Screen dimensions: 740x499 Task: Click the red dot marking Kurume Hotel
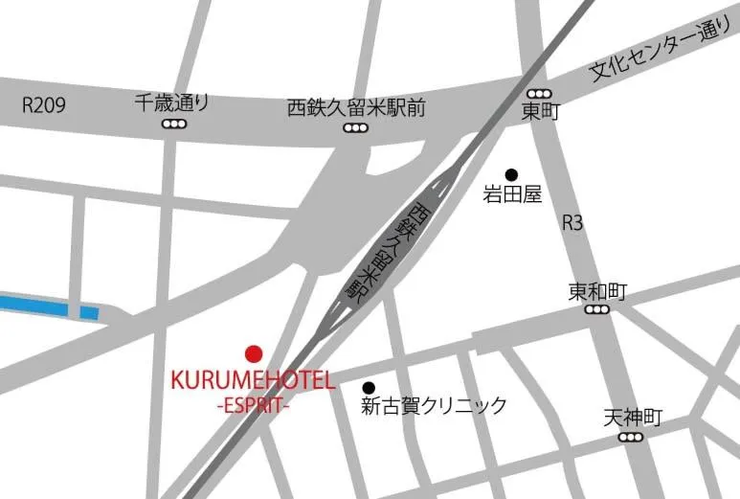pos(254,353)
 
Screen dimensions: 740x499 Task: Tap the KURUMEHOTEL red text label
pos(253,380)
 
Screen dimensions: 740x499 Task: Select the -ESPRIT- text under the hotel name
pos(253,404)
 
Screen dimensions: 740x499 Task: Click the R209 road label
pos(44,105)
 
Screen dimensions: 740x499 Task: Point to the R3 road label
pos(572,223)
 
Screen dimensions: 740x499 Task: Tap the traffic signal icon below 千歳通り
pos(173,125)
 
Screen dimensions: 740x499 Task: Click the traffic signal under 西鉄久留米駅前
pos(356,127)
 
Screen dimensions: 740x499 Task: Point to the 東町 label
pos(539,112)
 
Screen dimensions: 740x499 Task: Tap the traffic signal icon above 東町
pos(539,93)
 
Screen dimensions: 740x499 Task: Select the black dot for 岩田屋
pos(511,174)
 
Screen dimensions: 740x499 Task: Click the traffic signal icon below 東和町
pos(598,310)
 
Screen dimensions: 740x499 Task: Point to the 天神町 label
pos(633,418)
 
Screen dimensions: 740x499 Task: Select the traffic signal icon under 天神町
pos(631,438)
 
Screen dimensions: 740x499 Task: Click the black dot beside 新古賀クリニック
pos(369,387)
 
